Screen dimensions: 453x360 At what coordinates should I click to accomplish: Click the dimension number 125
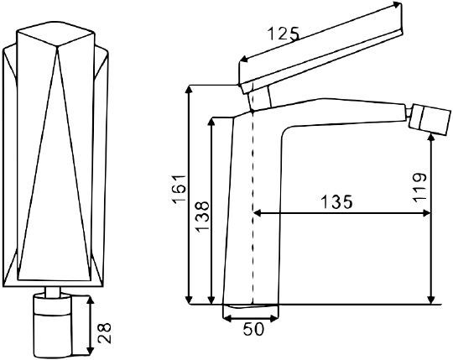pyautogui.click(x=284, y=34)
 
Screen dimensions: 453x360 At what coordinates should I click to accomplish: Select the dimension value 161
pyautogui.click(x=180, y=190)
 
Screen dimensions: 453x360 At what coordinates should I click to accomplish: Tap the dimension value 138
pyautogui.click(x=202, y=217)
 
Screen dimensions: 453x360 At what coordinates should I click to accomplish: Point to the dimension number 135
pyautogui.click(x=337, y=201)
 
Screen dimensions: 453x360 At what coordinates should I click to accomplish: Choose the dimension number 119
pyautogui.click(x=419, y=187)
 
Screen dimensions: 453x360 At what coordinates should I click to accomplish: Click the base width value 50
pyautogui.click(x=253, y=329)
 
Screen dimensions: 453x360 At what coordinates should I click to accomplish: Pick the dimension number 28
pyautogui.click(x=104, y=333)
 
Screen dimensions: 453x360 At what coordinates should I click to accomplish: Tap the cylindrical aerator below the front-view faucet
pyautogui.click(x=52, y=326)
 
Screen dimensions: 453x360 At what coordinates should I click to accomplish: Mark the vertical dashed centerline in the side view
pyautogui.click(x=253, y=206)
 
